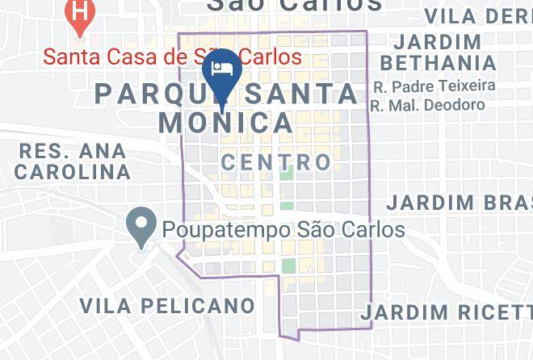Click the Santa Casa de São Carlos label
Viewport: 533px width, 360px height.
[172, 57]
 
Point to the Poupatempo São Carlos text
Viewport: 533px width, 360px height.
[283, 230]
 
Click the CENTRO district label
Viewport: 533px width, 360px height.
[276, 162]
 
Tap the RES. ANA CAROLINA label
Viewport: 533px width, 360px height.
[73, 161]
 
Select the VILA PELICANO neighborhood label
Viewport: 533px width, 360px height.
[167, 306]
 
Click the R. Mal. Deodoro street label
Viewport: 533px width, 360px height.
[427, 105]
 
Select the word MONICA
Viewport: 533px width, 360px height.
[225, 123]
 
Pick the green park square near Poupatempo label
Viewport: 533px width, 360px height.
[288, 267]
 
